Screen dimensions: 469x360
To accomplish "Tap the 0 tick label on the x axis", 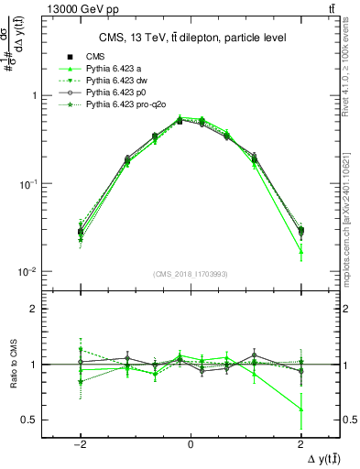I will tap(190, 442).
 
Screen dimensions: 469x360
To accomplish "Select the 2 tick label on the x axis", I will tap(300, 442).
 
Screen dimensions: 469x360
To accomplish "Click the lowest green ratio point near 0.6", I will tap(300, 409).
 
